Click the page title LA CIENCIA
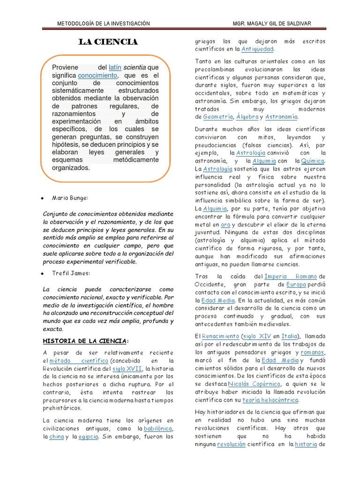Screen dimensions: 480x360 (x=108, y=43)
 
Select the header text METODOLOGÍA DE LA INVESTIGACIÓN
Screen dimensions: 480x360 (x=103, y=23)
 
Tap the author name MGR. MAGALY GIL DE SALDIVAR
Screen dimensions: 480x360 (x=271, y=23)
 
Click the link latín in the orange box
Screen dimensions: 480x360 (x=115, y=67)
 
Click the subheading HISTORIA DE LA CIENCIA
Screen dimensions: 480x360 (x=85, y=340)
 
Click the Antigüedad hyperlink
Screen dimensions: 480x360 (x=257, y=49)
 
